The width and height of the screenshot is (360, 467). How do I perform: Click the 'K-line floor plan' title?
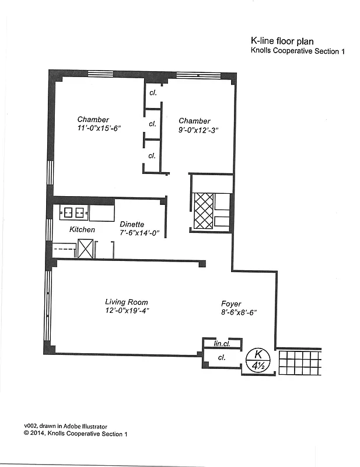click(x=282, y=41)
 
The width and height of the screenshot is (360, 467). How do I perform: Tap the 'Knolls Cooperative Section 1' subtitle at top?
click(x=298, y=51)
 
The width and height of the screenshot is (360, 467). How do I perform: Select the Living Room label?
click(x=126, y=302)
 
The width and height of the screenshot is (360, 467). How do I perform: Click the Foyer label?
click(x=231, y=304)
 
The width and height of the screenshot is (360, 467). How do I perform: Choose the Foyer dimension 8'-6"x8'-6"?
click(x=236, y=312)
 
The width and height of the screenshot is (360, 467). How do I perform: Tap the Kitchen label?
click(x=82, y=229)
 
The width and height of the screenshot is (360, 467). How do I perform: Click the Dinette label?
click(x=132, y=224)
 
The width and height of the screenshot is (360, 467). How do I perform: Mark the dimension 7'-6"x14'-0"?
click(x=139, y=232)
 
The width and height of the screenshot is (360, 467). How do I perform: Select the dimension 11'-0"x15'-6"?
click(x=98, y=128)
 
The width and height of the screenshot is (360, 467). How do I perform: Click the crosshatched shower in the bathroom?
click(x=203, y=210)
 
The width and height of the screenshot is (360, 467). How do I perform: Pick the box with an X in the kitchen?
click(x=85, y=249)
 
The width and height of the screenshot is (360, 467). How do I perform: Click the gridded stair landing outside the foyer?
click(x=300, y=362)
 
